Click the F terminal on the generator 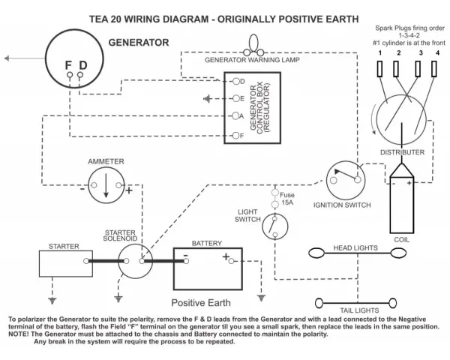pos(70,75)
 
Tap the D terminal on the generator pos(80,75)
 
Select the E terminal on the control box pos(236,99)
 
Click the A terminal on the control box pos(235,116)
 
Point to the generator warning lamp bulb pos(253,43)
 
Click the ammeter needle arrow pos(106,185)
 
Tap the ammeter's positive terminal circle pos(118,185)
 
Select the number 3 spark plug pos(418,69)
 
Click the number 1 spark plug pos(379,69)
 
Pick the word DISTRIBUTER pos(402,152)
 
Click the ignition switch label pos(342,205)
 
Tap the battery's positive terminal pos(231,261)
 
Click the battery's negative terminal pos(186,261)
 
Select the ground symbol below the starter pos(52,301)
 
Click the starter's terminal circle pos(85,261)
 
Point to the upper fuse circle pos(275,193)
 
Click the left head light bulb pos(316,253)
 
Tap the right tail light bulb pos(393,303)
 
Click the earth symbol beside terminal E pos(207,99)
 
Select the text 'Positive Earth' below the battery pos(201,303)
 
